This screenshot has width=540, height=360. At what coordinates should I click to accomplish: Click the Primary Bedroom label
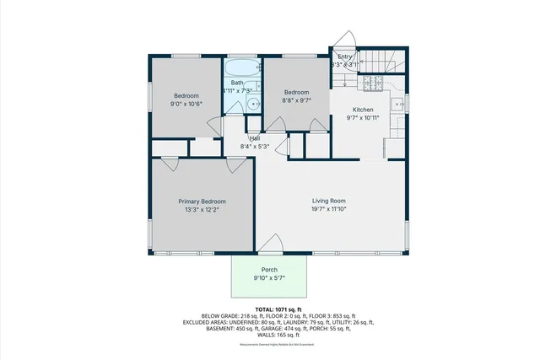coord(202,201)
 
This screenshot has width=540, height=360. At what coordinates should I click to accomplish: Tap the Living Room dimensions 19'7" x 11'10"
coord(329,209)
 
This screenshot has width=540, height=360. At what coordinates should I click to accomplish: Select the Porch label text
coord(269,270)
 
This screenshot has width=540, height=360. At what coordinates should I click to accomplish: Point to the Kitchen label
coord(363,110)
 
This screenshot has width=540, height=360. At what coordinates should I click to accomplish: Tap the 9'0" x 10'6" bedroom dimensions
coord(186,105)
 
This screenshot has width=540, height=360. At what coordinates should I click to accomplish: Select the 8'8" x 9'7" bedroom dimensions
coord(296,100)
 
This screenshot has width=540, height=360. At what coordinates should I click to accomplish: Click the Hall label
coord(254,138)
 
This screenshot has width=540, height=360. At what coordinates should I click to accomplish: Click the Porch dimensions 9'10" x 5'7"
coord(269,278)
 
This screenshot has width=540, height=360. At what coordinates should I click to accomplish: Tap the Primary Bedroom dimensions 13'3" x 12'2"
coord(202,210)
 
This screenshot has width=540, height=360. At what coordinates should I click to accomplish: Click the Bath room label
coord(237,83)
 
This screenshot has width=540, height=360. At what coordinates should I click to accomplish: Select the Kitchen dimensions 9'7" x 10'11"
coord(363,118)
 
